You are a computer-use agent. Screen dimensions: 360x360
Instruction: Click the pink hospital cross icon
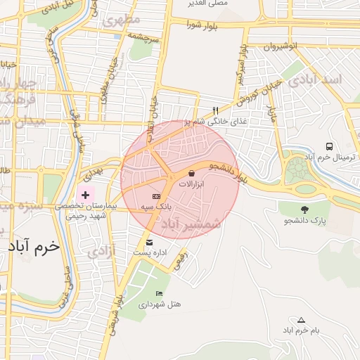86,194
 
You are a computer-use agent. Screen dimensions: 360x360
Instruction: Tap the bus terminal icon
329,146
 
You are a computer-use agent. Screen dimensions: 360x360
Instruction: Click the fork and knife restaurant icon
216,110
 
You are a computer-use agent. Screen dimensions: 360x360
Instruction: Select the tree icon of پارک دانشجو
304,210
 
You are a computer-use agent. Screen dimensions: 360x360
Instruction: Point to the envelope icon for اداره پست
148,243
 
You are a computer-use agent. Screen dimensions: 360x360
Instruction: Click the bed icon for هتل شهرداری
159,294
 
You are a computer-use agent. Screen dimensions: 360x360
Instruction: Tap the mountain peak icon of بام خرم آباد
301,320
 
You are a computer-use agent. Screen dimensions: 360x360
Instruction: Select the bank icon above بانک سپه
156,196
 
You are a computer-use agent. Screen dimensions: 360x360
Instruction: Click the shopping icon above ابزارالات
192,173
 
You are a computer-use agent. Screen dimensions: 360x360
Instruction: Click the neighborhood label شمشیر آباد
191,224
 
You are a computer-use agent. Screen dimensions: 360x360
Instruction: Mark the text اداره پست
149,252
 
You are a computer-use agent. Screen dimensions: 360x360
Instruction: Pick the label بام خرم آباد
301,330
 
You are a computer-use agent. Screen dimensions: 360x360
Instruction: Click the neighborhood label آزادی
103,250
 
